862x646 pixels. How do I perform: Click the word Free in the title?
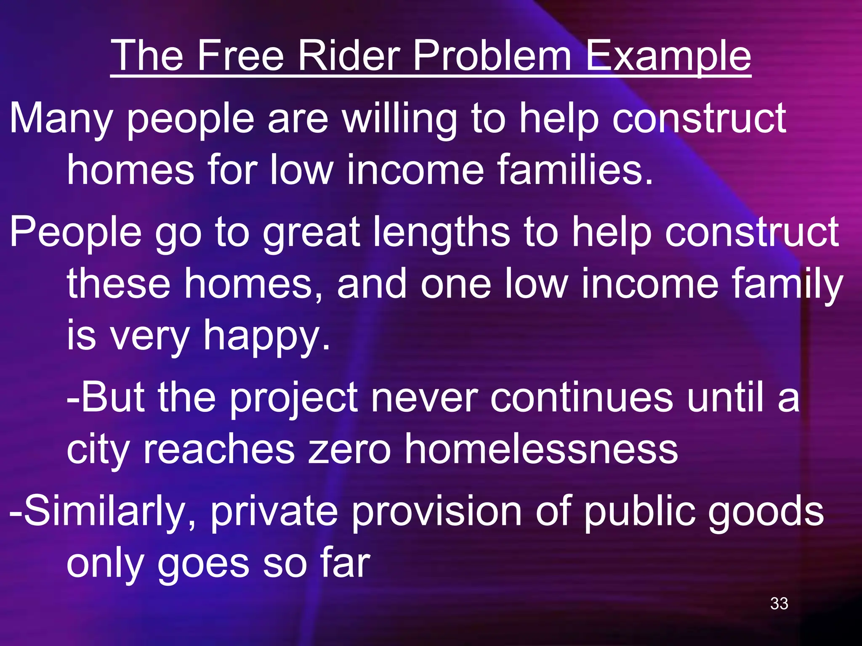(x=240, y=56)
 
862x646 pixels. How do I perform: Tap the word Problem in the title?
(x=492, y=56)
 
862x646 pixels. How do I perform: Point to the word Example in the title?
(x=668, y=56)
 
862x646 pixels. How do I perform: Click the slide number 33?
(x=779, y=604)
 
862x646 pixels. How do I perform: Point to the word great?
(x=311, y=233)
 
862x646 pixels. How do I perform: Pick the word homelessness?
(x=541, y=449)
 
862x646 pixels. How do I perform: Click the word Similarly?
(x=103, y=512)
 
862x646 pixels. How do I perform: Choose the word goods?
(x=766, y=512)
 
